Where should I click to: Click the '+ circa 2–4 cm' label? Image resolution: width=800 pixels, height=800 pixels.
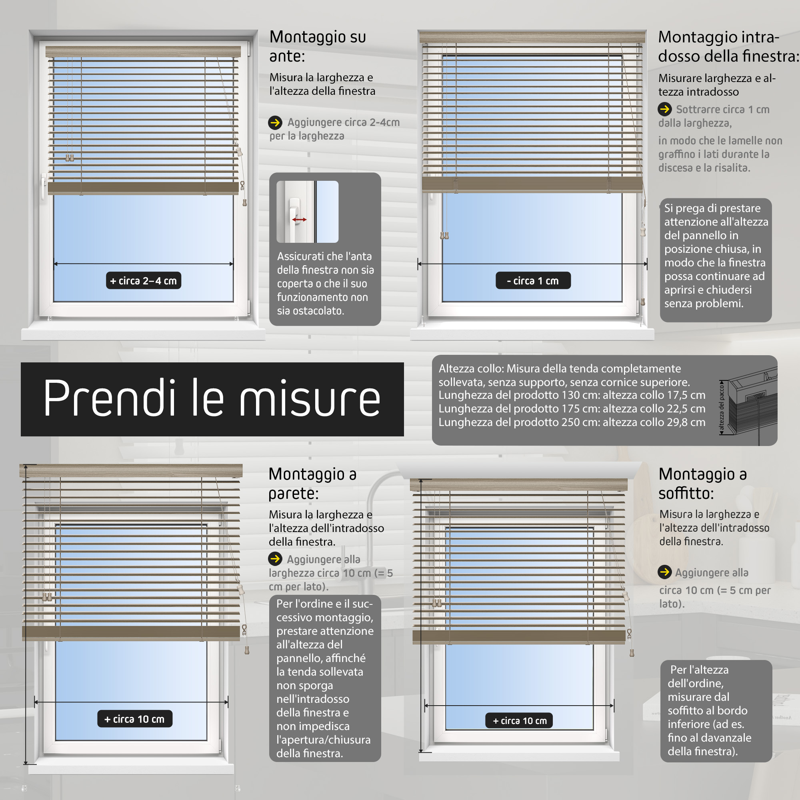tap(143, 281)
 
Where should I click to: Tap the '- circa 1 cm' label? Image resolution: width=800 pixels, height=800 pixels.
tap(533, 281)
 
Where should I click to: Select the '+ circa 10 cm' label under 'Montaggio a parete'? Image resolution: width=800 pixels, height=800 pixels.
tap(134, 719)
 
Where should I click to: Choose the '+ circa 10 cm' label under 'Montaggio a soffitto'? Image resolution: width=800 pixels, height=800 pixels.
tap(520, 721)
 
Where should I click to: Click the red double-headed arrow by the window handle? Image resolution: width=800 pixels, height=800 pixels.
tap(299, 220)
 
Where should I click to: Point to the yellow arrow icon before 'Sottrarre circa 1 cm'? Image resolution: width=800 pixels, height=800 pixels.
tap(664, 109)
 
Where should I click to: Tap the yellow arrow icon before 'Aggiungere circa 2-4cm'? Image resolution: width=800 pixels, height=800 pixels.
tap(275, 122)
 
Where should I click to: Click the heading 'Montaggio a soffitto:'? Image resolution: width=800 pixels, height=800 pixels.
tap(703, 484)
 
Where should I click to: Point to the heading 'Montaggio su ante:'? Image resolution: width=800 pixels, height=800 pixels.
tap(318, 46)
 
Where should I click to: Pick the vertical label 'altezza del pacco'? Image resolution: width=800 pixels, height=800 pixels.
tap(721, 408)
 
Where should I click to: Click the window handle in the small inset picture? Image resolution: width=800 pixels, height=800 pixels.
tap(294, 211)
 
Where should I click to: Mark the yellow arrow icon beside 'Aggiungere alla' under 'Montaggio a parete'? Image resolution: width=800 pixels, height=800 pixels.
tap(275, 559)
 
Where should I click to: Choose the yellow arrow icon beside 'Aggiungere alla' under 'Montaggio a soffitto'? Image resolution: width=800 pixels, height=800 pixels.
tap(664, 572)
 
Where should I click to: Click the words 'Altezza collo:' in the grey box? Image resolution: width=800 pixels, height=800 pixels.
tap(471, 368)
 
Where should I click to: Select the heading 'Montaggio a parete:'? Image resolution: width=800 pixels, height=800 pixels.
tap(313, 484)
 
